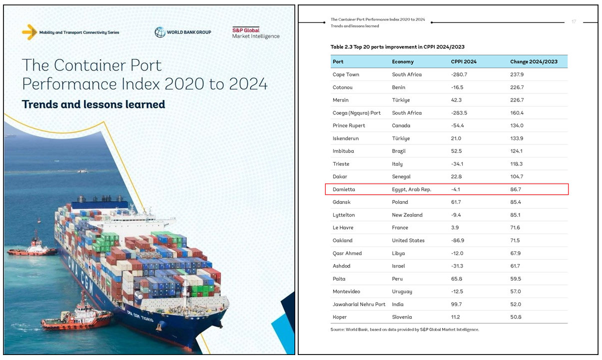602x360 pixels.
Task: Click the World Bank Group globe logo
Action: tap(160, 32)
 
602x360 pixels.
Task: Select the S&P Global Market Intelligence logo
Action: tap(255, 33)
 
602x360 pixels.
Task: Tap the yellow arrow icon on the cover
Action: tap(29, 32)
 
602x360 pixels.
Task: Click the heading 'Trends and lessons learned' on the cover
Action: tap(93, 104)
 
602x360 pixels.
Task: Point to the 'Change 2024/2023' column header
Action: tap(534, 62)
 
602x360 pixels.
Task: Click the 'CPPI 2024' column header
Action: tap(464, 62)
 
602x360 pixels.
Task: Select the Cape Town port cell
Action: tap(346, 74)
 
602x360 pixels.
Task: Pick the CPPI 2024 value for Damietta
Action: tap(455, 189)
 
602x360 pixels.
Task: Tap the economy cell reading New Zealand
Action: tap(407, 215)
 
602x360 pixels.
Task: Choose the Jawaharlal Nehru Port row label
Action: tap(359, 304)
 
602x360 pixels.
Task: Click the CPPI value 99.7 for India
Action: tap(456, 304)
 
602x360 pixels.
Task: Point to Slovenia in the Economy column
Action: tap(402, 317)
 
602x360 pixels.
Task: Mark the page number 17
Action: tap(574, 21)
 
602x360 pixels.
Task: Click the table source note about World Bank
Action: tap(405, 329)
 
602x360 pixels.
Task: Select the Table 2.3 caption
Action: tap(397, 46)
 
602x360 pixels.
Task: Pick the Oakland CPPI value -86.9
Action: tap(458, 240)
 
